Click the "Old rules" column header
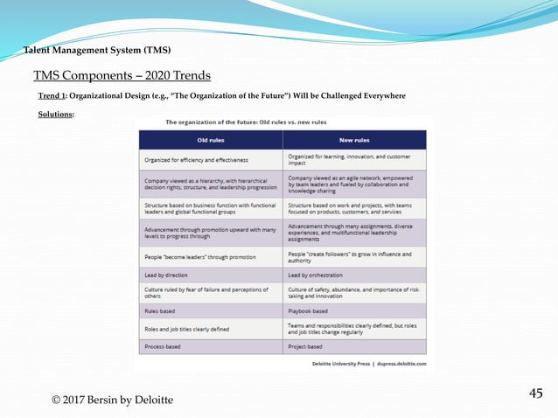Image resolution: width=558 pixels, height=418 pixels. click(x=210, y=140)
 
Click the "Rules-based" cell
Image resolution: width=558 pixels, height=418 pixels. click(x=159, y=310)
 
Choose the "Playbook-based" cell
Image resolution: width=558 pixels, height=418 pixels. click(x=309, y=310)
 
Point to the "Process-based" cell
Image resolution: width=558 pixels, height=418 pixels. click(x=163, y=347)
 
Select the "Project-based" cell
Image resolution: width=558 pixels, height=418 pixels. click(x=307, y=347)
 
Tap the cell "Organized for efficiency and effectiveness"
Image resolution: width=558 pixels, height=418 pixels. click(x=196, y=160)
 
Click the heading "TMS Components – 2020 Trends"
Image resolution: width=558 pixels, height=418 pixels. click(x=122, y=75)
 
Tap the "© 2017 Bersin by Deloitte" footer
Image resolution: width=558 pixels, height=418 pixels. click(x=112, y=400)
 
